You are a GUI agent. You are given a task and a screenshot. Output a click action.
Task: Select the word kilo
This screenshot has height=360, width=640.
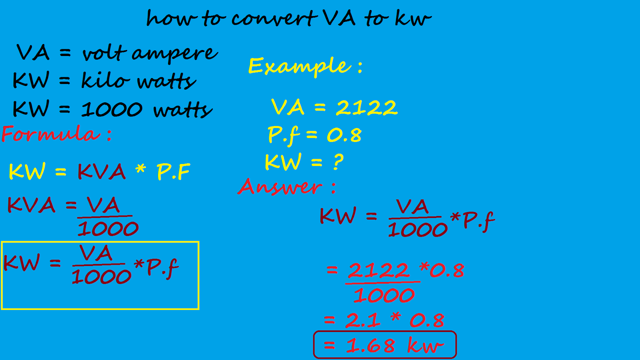105,80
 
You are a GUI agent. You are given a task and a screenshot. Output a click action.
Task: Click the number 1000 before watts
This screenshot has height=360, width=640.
112,109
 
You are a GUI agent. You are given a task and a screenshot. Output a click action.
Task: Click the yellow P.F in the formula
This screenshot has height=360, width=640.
173,172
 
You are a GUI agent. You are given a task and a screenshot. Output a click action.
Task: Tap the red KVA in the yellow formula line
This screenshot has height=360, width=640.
102,172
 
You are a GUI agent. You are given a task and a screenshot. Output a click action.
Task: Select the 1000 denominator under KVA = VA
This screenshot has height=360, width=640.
108,229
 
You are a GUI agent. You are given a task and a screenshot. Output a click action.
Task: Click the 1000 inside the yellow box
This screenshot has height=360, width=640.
101,276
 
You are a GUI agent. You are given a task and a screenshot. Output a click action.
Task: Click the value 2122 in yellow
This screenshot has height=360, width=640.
366,108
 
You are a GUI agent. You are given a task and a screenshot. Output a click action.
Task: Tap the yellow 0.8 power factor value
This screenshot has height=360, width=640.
344,135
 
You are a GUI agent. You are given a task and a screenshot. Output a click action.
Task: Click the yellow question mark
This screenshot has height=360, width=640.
338,162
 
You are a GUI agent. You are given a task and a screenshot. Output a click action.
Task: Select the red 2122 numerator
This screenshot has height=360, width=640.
379,270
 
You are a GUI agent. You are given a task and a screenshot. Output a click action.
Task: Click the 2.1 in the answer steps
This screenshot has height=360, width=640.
362,320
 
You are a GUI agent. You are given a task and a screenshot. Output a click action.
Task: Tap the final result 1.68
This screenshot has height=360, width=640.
370,345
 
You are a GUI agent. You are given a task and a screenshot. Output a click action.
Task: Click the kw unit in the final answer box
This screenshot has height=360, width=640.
425,345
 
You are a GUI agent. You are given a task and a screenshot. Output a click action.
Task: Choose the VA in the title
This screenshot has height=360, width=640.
339,18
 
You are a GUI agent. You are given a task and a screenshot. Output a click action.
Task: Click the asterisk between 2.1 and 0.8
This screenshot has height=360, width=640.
395,318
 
